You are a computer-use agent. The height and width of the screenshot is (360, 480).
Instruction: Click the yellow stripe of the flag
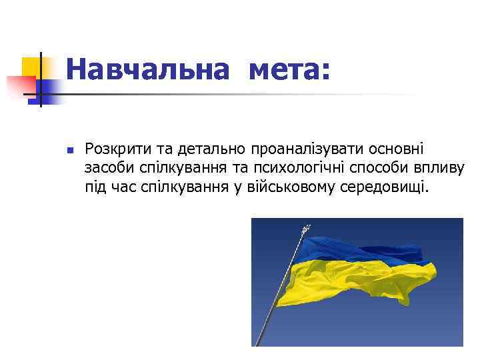point(360,280)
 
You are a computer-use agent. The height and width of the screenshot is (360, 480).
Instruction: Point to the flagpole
point(280,293)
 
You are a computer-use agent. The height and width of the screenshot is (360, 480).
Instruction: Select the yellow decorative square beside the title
point(31,67)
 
